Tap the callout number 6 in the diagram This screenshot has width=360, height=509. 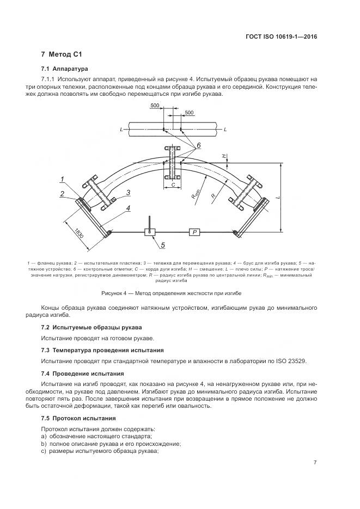(199, 145)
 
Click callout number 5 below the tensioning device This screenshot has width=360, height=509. (162, 246)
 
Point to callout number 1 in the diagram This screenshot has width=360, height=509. (63, 179)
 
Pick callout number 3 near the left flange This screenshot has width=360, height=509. (127, 192)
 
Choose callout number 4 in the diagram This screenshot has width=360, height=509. (127, 207)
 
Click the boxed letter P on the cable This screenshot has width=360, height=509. (194, 232)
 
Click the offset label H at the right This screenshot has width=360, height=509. (223, 156)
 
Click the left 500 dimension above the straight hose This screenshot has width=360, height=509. (155, 105)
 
